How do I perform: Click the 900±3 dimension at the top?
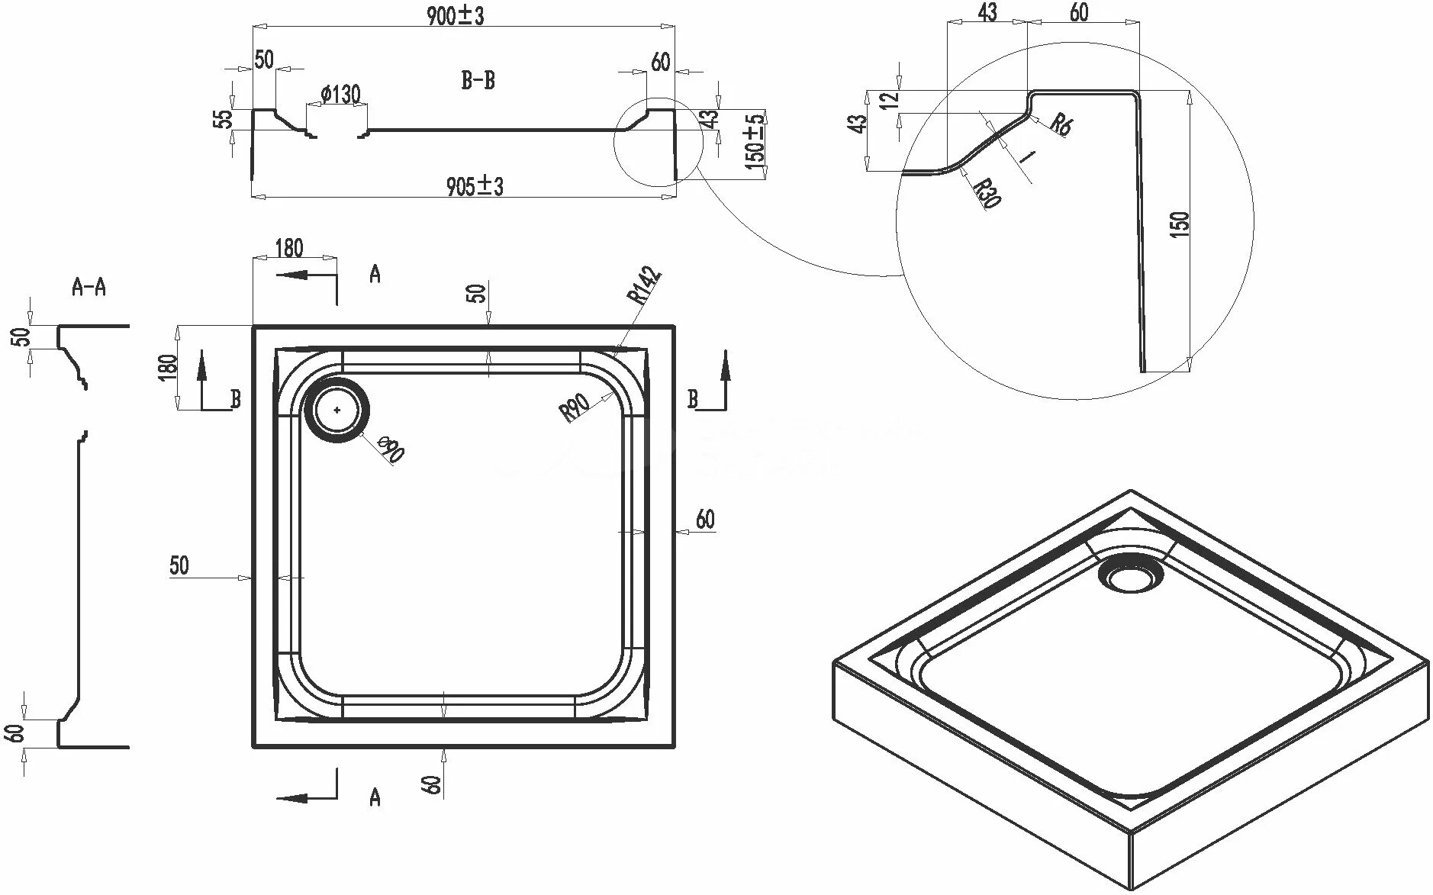[x=456, y=15]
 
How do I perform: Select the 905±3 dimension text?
[x=475, y=185]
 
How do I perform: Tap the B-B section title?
[x=478, y=80]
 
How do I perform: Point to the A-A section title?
[x=89, y=287]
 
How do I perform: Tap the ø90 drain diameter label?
[x=390, y=449]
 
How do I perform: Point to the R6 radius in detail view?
[x=1060, y=124]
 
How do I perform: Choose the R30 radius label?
[x=986, y=193]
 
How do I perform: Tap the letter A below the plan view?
[x=375, y=797]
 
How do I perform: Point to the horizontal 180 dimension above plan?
[x=288, y=248]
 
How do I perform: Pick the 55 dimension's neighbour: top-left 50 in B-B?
[x=263, y=60]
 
